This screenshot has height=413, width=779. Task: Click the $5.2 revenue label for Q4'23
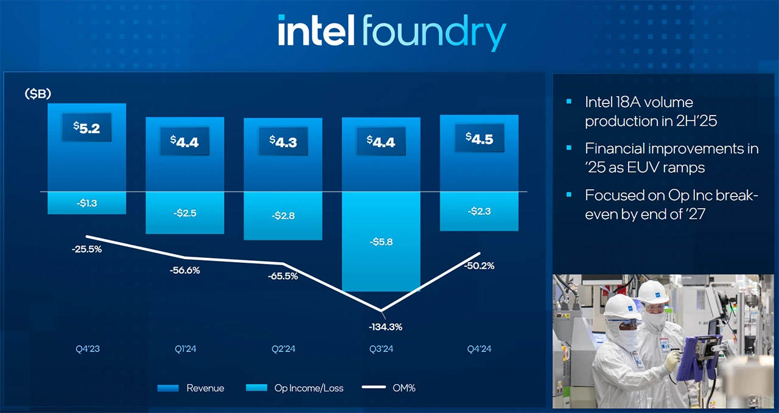coord(86,128)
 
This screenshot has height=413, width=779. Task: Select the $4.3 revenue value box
coord(283,142)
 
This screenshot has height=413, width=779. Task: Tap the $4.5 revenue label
coord(479,139)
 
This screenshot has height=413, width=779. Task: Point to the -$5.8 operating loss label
coord(381,242)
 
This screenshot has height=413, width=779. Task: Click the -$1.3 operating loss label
coord(86,203)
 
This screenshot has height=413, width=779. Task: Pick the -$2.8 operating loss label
coord(283,215)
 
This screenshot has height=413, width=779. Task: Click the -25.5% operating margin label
coord(86,249)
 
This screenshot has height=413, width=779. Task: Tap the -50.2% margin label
coord(479,266)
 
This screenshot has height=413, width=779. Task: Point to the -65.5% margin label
coord(283,276)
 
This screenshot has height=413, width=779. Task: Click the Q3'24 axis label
coord(381,349)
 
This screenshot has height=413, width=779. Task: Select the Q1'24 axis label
coord(184,349)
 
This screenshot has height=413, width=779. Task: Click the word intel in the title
coord(316,31)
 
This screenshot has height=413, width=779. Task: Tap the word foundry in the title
coord(433,33)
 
